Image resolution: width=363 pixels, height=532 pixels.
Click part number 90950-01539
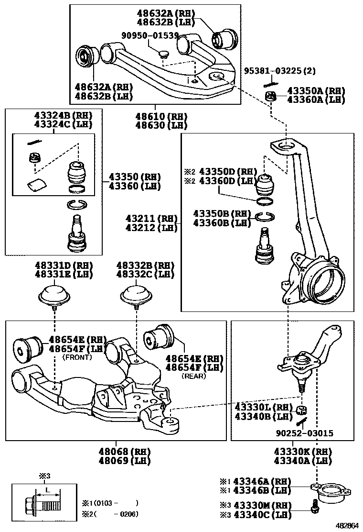(149, 35)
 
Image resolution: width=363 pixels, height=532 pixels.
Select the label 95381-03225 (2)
(280, 71)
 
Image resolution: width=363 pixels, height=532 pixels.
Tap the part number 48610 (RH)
(154, 116)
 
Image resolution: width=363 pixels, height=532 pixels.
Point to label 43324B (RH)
(63, 116)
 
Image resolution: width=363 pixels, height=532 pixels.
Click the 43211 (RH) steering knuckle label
(151, 218)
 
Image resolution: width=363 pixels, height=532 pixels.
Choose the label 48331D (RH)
(63, 266)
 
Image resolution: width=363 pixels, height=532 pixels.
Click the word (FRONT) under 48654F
(77, 357)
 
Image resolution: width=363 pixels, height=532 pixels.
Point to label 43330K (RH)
(303, 452)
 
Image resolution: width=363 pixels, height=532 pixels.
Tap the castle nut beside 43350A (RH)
(272, 98)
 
